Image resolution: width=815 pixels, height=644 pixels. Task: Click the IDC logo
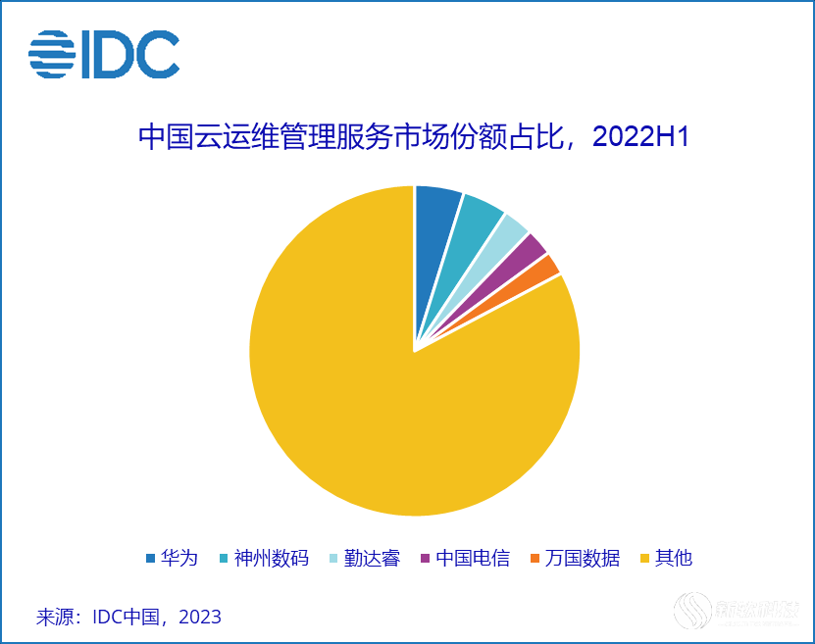[x=104, y=55]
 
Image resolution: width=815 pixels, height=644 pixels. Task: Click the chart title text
[x=413, y=137]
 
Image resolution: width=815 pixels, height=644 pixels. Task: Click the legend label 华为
[x=179, y=559]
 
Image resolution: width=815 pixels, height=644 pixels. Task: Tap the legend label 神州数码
[x=272, y=559]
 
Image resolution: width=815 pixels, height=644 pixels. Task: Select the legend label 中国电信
[x=473, y=559]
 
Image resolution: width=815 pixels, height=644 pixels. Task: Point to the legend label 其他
[x=674, y=559]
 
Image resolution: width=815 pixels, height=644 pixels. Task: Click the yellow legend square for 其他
[x=644, y=559]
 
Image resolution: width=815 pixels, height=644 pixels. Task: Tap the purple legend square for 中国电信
[x=425, y=559]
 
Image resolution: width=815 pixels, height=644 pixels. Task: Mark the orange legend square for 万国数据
[x=535, y=559]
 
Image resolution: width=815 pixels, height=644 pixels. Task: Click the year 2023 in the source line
[x=201, y=618]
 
